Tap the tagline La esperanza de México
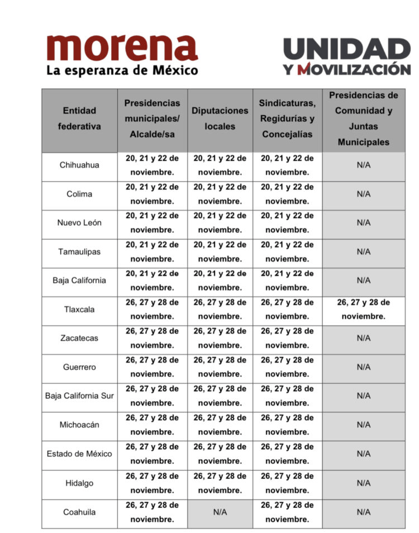coord(122,71)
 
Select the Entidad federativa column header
coord(79,118)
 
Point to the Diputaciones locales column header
coord(220,118)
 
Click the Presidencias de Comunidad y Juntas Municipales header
coord(363,118)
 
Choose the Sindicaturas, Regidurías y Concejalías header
coord(287,118)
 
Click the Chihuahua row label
coord(79,165)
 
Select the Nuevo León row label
coord(79,222)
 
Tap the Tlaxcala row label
coord(79,309)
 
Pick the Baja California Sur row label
coord(79,396)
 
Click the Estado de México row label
coord(79,453)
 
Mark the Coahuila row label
coord(79,512)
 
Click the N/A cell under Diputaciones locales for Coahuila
coord(220,512)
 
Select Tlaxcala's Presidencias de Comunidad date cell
coord(363,309)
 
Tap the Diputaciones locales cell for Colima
coord(220,194)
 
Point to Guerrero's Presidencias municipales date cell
coord(152,367)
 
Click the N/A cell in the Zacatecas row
coord(363,338)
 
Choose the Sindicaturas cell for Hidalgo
coord(287,483)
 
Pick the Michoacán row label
coord(79,425)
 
